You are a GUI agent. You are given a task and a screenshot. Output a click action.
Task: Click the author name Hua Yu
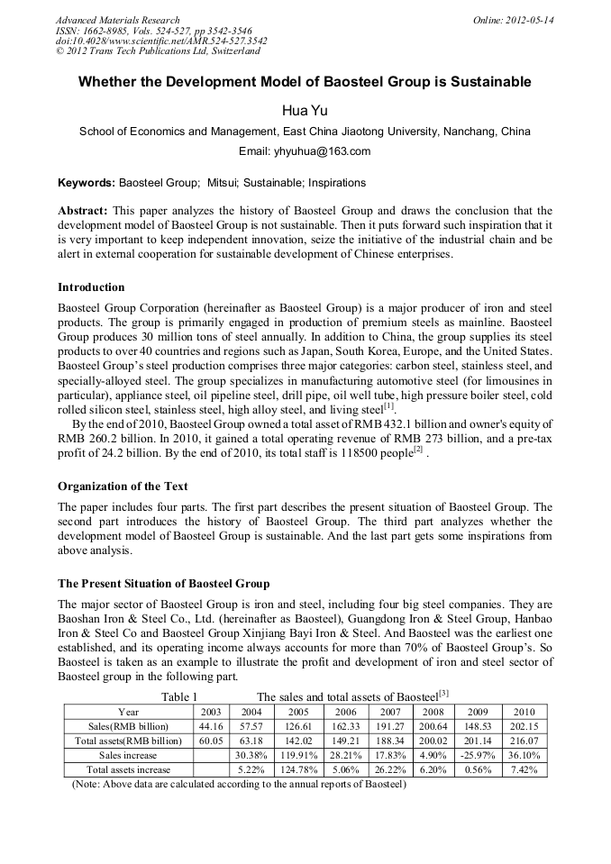click(x=304, y=110)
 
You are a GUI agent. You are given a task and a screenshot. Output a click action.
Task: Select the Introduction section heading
click(x=91, y=287)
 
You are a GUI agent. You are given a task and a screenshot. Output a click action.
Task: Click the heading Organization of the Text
click(x=123, y=487)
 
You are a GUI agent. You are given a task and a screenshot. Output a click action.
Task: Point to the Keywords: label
click(x=87, y=183)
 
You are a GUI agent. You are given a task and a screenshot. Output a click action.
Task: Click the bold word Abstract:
click(x=83, y=210)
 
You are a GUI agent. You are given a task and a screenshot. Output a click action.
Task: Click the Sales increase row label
click(x=128, y=755)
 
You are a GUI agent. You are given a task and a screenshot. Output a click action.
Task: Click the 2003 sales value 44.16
click(x=211, y=726)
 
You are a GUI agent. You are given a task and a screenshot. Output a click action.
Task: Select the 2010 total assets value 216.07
click(x=524, y=741)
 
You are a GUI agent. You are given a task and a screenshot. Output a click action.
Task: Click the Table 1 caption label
click(x=179, y=696)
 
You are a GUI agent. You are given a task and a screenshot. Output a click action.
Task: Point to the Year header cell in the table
click(x=128, y=712)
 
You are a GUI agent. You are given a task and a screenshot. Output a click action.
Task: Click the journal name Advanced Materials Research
click(x=117, y=20)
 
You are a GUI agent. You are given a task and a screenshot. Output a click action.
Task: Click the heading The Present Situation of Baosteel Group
click(x=163, y=584)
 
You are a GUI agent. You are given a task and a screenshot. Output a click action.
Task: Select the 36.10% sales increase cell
click(x=524, y=755)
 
